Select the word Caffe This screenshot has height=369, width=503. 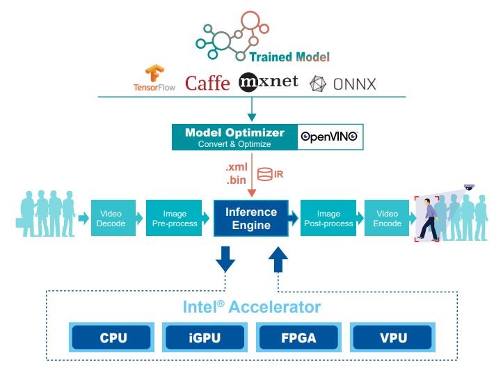click(x=207, y=84)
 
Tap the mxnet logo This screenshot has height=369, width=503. click(x=268, y=82)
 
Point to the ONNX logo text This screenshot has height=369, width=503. click(x=352, y=84)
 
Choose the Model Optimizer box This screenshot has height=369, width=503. click(x=234, y=137)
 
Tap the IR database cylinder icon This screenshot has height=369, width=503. click(x=264, y=173)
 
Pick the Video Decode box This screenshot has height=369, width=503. click(x=111, y=218)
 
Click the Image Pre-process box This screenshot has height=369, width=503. click(x=174, y=218)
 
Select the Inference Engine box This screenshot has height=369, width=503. click(x=250, y=217)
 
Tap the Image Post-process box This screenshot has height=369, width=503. click(x=328, y=218)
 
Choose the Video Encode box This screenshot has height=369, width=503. click(x=388, y=218)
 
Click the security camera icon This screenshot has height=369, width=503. click(x=469, y=187)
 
